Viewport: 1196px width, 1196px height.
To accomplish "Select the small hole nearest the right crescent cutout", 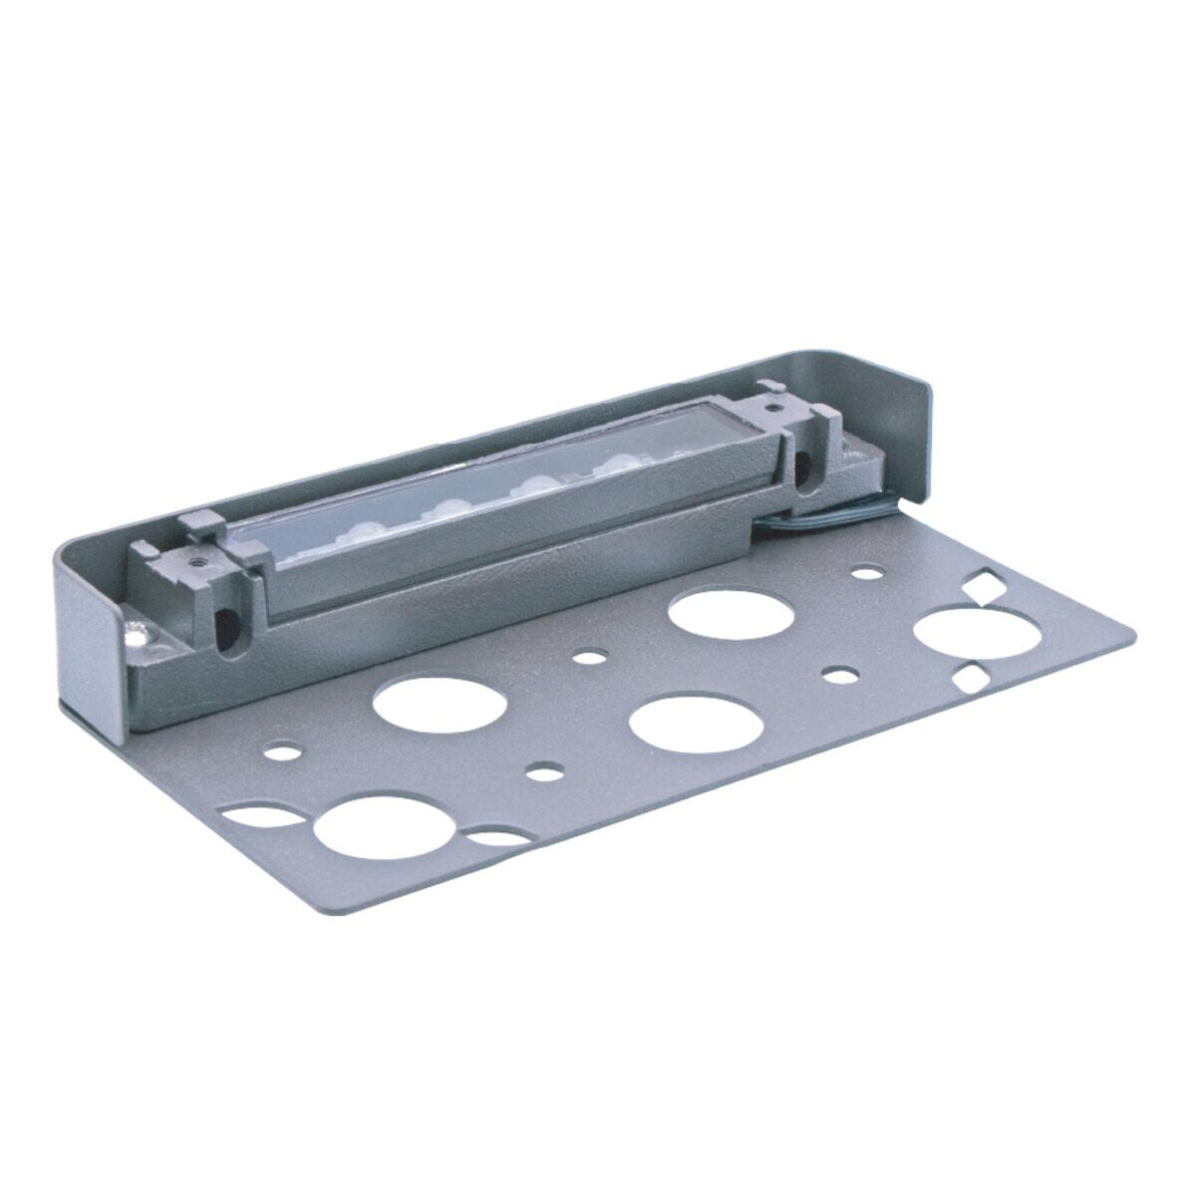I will [x=543, y=770].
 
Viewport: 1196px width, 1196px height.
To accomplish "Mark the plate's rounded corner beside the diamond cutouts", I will [x=1121, y=638].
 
